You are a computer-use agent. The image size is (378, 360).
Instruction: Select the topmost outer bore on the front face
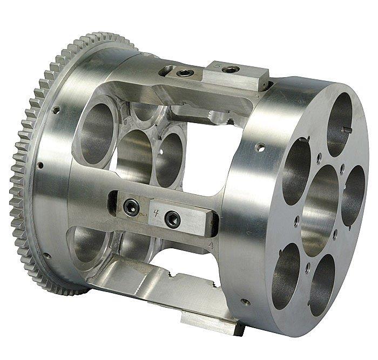coord(339,124)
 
